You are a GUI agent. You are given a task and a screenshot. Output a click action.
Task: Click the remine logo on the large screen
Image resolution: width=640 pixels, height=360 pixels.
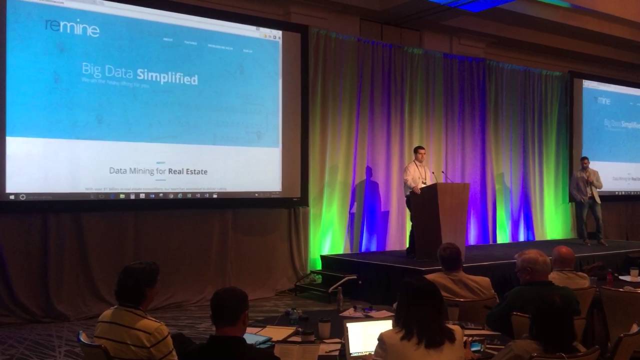(x=72, y=27)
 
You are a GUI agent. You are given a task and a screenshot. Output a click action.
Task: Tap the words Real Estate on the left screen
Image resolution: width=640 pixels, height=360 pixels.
(x=187, y=171)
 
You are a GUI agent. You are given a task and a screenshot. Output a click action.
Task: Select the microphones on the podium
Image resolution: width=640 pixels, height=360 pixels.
(x=440, y=176)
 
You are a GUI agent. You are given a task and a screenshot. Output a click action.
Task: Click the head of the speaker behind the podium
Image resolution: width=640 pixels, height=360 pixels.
(x=419, y=154)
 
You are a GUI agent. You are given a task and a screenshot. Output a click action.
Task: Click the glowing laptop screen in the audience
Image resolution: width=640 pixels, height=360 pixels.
(x=368, y=336)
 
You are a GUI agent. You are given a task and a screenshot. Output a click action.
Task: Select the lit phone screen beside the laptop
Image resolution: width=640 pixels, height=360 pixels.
(x=475, y=345)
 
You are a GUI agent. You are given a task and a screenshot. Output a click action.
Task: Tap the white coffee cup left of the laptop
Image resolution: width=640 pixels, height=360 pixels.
(x=324, y=328)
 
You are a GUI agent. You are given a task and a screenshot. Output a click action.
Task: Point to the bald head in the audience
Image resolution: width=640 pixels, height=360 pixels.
(x=563, y=257)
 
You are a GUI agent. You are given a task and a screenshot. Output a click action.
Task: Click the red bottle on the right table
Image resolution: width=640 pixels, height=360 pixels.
(x=609, y=277)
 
